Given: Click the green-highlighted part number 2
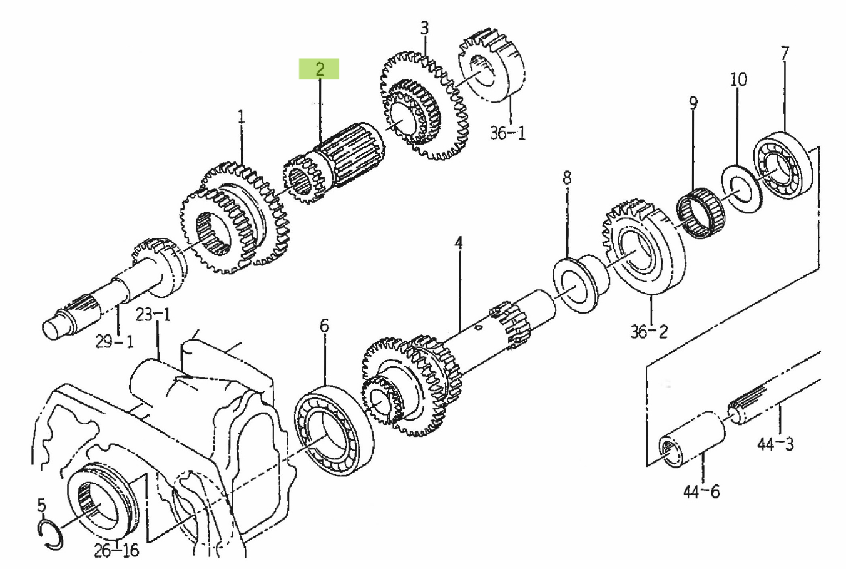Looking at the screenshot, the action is pyautogui.click(x=320, y=69).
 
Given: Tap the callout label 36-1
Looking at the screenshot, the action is pyautogui.click(x=507, y=133).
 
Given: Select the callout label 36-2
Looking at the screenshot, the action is pyautogui.click(x=650, y=332).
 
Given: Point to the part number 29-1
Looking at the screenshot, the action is pyautogui.click(x=114, y=342).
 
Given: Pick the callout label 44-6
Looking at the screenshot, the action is pyautogui.click(x=701, y=492).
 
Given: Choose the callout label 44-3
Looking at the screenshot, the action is pyautogui.click(x=775, y=444).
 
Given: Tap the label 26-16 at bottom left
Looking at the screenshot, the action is pyautogui.click(x=116, y=551).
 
